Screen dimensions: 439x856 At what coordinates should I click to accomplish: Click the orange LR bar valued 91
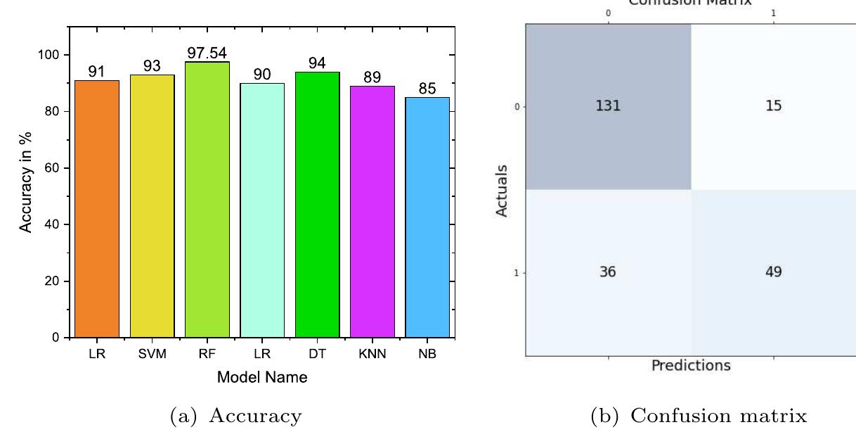tap(97, 209)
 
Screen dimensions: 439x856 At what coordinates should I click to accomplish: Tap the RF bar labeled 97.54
tap(207, 200)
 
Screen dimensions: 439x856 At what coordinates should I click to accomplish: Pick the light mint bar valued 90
tap(262, 210)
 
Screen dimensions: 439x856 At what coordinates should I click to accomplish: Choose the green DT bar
tap(317, 205)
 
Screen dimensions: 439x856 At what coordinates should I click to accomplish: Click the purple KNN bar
tap(372, 212)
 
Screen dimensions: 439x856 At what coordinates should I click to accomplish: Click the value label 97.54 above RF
tap(207, 53)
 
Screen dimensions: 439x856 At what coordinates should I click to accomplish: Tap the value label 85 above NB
tap(427, 89)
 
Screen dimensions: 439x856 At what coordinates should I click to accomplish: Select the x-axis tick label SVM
tap(152, 355)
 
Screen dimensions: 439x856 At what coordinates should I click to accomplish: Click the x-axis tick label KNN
tap(372, 355)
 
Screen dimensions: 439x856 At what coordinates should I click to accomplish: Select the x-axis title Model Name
tap(261, 378)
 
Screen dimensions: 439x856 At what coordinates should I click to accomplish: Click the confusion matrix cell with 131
tap(609, 106)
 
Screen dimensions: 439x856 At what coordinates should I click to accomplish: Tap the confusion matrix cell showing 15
tap(773, 106)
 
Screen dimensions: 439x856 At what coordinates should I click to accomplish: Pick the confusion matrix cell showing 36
tap(609, 272)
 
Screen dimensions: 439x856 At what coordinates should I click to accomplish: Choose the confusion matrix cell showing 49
tap(773, 272)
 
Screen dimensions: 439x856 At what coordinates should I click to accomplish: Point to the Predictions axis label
tap(691, 366)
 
